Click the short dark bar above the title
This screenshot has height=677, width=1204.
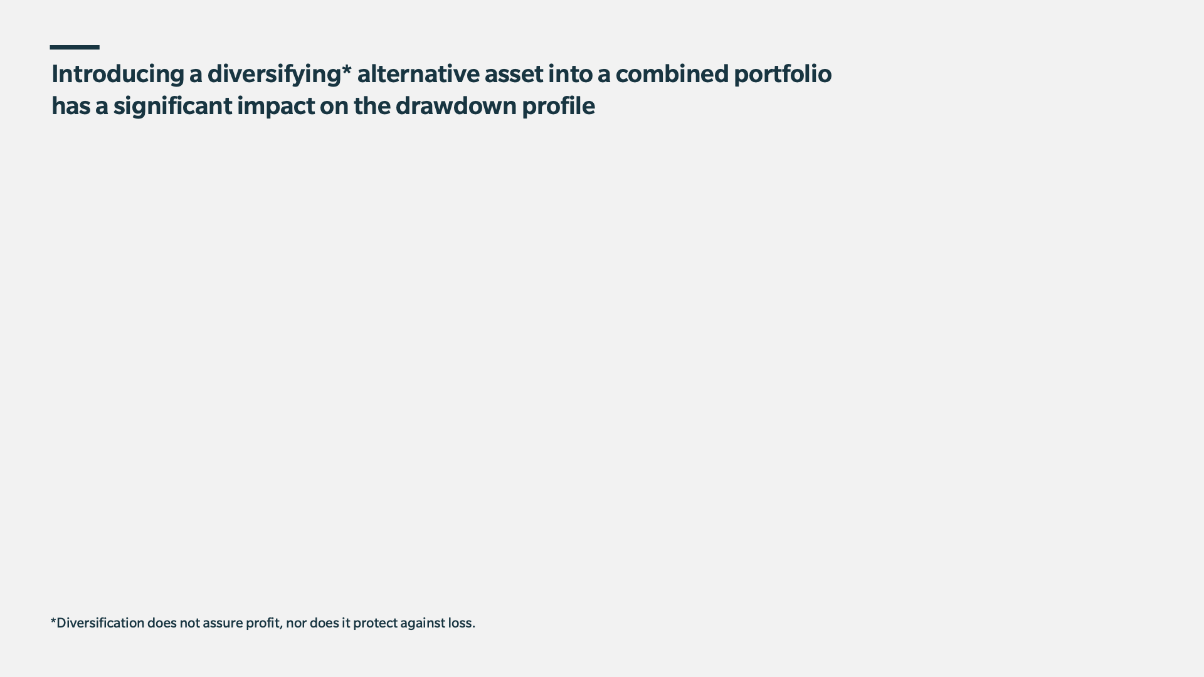[75, 47]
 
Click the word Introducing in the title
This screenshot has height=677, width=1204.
[118, 75]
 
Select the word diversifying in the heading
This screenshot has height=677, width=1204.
[274, 75]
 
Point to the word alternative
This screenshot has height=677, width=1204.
[418, 74]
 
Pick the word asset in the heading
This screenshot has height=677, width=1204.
[514, 75]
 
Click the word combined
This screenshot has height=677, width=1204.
[672, 74]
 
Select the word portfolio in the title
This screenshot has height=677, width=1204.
[783, 75]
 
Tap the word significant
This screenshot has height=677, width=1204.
[172, 107]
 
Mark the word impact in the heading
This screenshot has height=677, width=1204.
[276, 107]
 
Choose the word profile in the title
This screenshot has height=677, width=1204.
[558, 107]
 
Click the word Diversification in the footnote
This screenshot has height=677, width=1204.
[100, 623]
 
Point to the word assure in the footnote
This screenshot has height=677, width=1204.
[222, 623]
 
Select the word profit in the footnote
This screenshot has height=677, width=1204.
[263, 624]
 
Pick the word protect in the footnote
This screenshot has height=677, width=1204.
[375, 624]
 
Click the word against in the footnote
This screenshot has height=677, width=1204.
[423, 624]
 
